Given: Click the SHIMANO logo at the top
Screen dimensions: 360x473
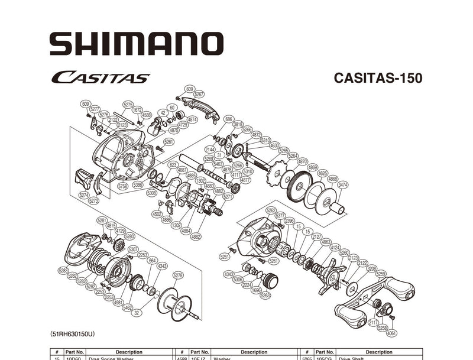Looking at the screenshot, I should coord(136,44).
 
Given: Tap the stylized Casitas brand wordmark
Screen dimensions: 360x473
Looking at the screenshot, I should coord(100,77).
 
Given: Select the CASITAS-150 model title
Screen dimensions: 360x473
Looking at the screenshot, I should coord(378,78).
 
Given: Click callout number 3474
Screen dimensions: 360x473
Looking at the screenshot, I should coord(343,185).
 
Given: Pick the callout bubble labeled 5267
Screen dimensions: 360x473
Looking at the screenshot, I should coord(199,94).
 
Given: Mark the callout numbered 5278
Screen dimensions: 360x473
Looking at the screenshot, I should coord(178,275).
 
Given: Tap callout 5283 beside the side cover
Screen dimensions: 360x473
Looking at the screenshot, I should coord(63,270).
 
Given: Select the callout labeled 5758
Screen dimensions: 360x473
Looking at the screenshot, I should coord(123,186).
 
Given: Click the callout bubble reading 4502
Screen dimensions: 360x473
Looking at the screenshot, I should coord(157,214).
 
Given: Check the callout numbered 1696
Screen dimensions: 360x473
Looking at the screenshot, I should coord(256,290).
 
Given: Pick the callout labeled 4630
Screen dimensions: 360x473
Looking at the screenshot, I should coord(274,145).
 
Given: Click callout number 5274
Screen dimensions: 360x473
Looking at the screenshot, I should coord(84,194).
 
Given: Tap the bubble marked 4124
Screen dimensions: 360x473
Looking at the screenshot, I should coord(335,247).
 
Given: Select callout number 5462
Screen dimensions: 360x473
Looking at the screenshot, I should coord(127,307).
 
